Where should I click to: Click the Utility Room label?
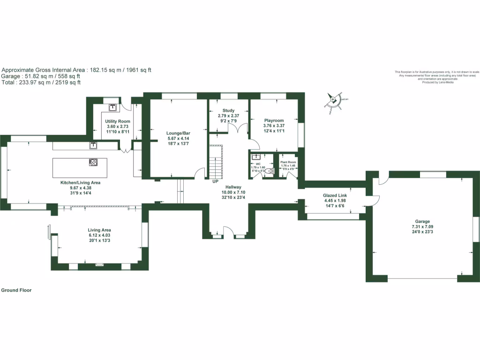[x=117, y=121]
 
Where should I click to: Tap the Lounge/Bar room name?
[x=178, y=133]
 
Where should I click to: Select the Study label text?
[x=228, y=110]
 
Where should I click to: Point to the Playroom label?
[x=274, y=120]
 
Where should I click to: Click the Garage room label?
[x=422, y=221]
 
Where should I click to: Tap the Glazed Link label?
[x=334, y=195]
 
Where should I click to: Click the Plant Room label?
[x=288, y=162]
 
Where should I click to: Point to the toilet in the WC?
[x=268, y=172]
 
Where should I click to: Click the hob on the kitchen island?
[x=93, y=163]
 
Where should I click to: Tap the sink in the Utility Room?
[x=113, y=107]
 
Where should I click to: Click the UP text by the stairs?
[x=216, y=181]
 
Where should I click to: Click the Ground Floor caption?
[x=16, y=290]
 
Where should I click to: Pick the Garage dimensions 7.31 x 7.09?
[x=422, y=226]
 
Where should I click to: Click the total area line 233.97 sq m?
[x=41, y=82]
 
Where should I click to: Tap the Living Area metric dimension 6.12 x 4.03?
[x=99, y=235]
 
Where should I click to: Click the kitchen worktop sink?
[x=93, y=145]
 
